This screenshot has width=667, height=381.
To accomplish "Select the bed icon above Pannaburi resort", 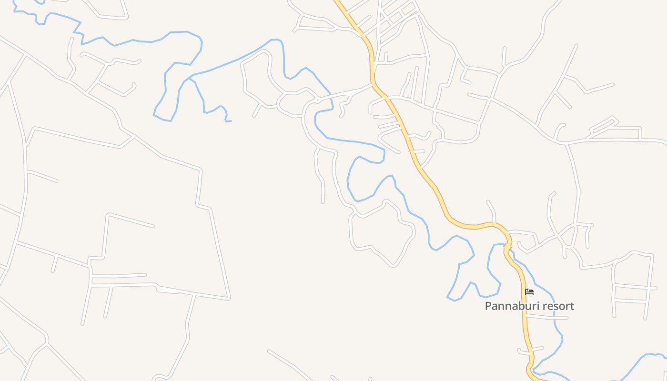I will pos(529,292).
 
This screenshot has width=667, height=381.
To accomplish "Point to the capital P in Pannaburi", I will pos(488,306).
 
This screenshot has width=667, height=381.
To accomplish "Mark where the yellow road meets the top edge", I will pos(336,1).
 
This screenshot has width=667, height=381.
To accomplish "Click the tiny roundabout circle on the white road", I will pos(317,100).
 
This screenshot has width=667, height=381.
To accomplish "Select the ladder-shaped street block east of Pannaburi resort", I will pos(631,286).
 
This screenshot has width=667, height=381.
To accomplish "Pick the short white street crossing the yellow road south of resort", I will pos(530,351).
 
